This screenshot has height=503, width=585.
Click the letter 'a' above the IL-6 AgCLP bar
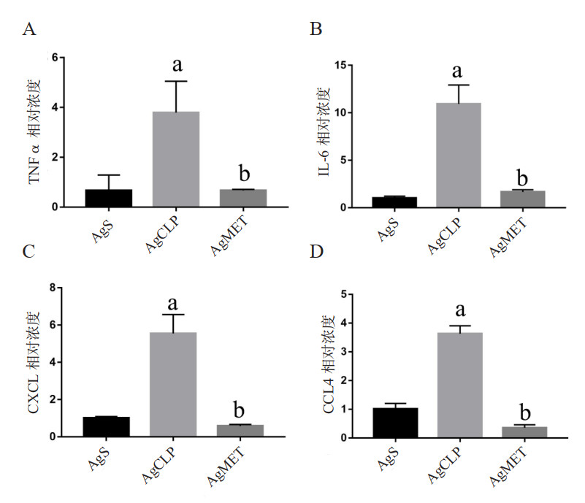pyautogui.click(x=459, y=71)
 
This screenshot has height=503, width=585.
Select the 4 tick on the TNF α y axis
pyautogui.click(x=55, y=107)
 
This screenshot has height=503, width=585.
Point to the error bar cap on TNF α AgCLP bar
pyautogui.click(x=177, y=81)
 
